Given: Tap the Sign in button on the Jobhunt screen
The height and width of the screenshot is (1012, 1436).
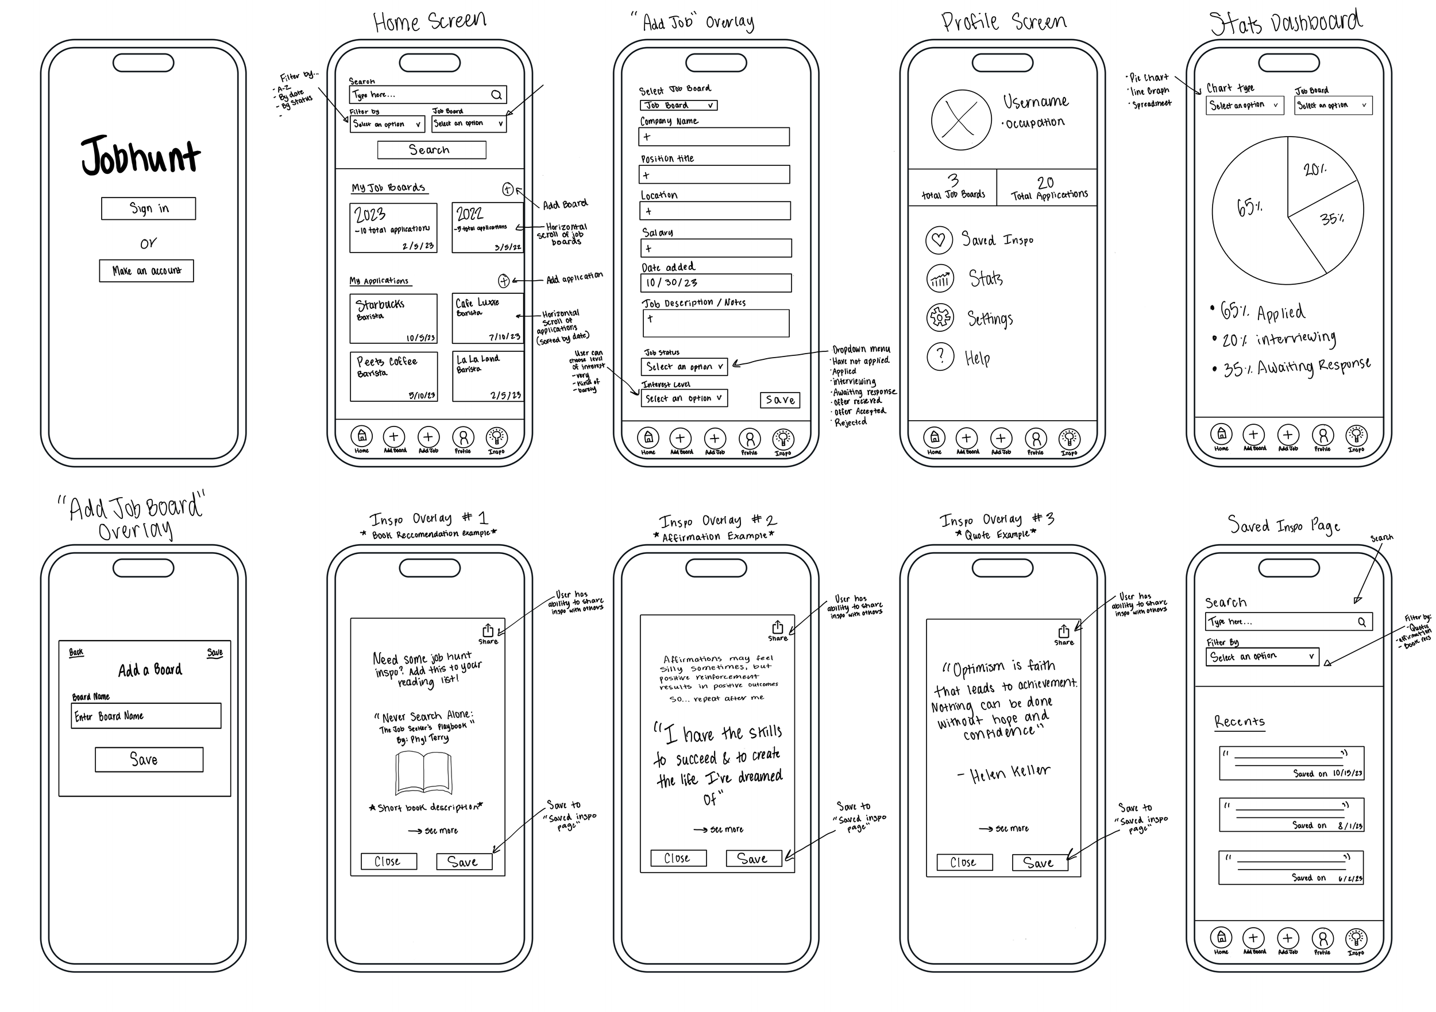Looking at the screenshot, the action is [148, 209].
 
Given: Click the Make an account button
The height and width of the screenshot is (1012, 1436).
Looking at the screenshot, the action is [146, 271].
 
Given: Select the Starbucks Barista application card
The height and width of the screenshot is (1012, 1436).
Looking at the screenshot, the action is [393, 319].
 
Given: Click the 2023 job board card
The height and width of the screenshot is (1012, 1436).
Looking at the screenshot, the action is [393, 227].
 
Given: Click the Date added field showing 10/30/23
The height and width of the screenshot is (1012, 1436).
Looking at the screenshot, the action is [716, 283].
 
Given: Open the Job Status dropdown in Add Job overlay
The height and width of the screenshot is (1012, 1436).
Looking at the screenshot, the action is [684, 367].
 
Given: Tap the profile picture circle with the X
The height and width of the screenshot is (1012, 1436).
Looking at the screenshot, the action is [960, 121].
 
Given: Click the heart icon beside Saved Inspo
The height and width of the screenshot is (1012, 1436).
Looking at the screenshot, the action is [939, 240].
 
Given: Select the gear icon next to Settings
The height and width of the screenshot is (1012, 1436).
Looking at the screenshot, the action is [939, 317].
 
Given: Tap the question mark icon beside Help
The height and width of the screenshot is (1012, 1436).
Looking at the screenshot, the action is [939, 356].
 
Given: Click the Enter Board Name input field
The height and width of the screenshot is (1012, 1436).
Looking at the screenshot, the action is [146, 716].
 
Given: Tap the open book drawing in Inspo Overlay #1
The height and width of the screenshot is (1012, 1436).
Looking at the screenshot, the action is [423, 773].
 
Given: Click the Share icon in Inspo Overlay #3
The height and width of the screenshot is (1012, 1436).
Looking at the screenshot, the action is [1063, 632].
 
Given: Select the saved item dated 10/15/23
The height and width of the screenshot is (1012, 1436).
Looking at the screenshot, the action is [1291, 763].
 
